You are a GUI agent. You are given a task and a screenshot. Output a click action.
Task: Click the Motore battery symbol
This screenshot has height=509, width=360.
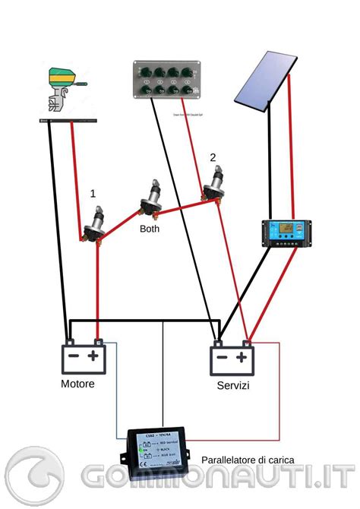pyautogui.click(x=84, y=358)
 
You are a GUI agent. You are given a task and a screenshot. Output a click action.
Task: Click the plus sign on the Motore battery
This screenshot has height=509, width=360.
pyautogui.click(x=93, y=356)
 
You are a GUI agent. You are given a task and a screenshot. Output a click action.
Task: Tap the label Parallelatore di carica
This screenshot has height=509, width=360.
pyautogui.click(x=248, y=460)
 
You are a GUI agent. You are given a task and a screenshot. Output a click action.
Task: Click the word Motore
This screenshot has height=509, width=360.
pyautogui.click(x=77, y=384)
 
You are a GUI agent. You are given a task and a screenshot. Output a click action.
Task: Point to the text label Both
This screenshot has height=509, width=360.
pyautogui.click(x=150, y=229)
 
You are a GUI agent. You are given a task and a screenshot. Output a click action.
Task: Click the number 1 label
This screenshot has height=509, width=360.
pyautogui.click(x=93, y=194)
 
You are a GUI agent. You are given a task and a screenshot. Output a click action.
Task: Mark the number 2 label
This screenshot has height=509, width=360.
pyautogui.click(x=213, y=158)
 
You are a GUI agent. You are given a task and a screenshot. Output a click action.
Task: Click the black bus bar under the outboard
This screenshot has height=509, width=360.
pyautogui.click(x=67, y=120)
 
